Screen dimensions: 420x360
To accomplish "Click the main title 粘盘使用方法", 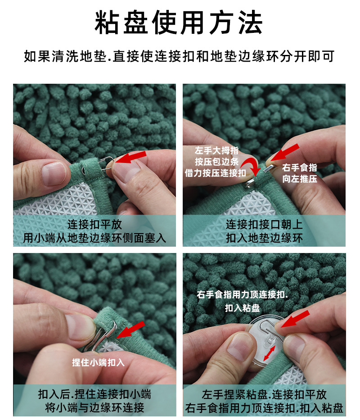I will (179, 23).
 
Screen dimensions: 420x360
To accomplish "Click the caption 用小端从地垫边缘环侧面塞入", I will (94, 238).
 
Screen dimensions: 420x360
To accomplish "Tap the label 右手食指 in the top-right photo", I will (300, 168).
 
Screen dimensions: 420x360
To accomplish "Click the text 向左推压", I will (300, 179).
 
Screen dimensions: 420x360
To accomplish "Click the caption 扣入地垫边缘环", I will (264, 238).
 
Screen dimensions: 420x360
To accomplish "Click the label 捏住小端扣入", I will (99, 362).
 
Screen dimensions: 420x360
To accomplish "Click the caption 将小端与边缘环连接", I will (94, 408).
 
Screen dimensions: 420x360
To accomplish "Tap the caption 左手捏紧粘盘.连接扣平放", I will (264, 395).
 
